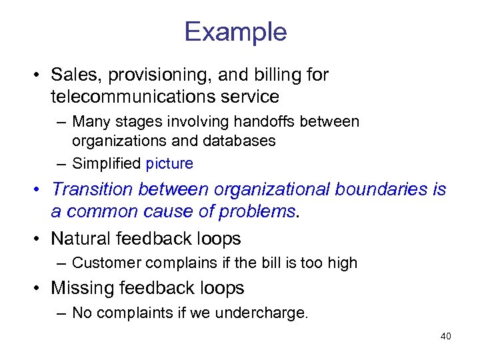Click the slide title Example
[235, 32]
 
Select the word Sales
[73, 75]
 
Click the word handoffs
[278, 122]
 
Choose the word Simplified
[107, 163]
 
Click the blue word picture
[169, 163]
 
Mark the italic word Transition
[91, 189]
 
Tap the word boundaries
[377, 189]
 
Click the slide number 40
[446, 336]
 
